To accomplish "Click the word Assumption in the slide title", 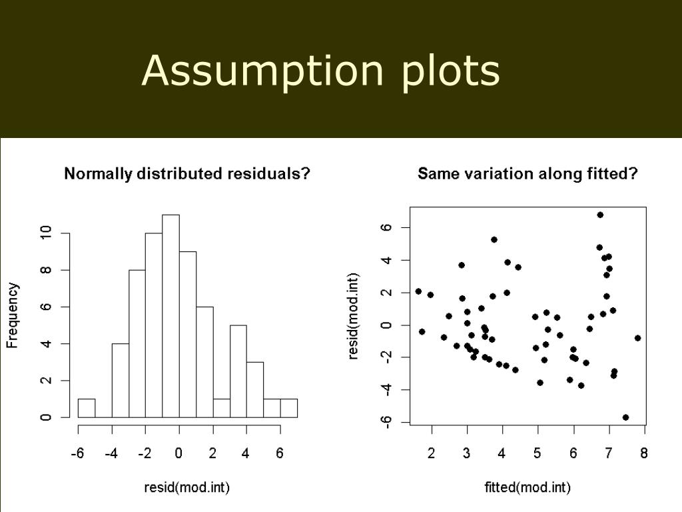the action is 262,71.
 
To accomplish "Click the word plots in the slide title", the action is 450,71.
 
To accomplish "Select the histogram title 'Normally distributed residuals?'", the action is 187,174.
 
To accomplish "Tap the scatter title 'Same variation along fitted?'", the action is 527,174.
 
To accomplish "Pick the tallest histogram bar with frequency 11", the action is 171,316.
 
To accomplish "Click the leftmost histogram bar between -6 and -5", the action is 87,408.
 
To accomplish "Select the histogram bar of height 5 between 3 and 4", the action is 238,371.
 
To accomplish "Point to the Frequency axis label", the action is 12,315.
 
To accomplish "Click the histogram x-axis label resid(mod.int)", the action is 187,487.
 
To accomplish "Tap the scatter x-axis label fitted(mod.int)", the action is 527,487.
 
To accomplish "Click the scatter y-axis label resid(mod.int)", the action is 353,316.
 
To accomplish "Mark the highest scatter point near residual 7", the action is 600,215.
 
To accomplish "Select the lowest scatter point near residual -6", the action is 626,417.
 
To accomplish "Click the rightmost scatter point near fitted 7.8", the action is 637,338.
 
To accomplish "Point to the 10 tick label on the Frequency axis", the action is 46,233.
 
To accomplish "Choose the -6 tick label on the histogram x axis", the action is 77,453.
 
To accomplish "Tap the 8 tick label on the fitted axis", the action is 644,453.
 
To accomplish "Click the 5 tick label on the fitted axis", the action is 537,453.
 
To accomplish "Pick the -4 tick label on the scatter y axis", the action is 386,389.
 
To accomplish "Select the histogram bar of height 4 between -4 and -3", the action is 121,381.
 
